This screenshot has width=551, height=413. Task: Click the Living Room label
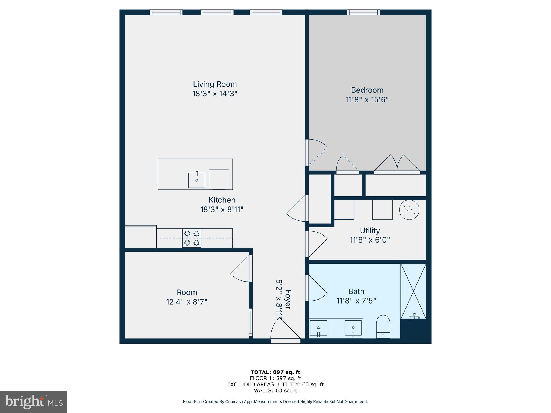coord(215,84)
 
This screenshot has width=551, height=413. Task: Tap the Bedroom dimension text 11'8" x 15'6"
coord(367,100)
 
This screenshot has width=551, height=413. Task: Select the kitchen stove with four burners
coord(192,238)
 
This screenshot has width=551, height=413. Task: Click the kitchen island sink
coord(196,180)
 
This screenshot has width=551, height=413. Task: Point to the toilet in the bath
coord(383,327)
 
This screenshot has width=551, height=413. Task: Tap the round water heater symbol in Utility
coord(409,210)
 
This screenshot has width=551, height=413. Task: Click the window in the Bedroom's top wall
coord(363,12)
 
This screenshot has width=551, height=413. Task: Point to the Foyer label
coord(288,299)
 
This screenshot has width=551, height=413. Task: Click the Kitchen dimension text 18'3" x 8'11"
coord(222,209)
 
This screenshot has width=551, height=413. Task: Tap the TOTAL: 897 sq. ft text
coord(275,372)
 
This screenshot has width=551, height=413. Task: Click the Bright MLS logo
coord(34,402)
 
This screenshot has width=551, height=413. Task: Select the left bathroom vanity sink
coord(319,328)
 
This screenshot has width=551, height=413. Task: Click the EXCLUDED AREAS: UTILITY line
coord(275,384)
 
